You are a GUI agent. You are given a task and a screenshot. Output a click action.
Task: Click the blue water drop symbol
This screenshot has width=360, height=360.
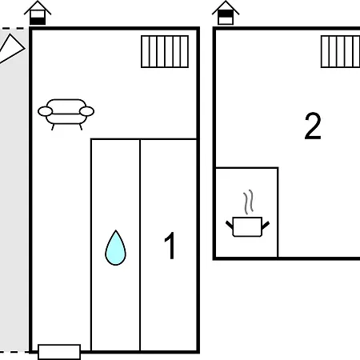pyautogui.click(x=115, y=249)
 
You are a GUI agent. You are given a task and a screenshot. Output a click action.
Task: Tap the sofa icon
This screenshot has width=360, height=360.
pyautogui.click(x=66, y=114)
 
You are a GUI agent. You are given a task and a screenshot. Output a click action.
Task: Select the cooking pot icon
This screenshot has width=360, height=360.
pyautogui.click(x=247, y=226)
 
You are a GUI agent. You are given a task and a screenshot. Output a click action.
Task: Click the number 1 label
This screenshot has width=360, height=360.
pyautogui.click(x=170, y=246)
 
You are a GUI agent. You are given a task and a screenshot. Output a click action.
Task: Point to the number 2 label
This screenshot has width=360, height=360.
pyautogui.click(x=313, y=126)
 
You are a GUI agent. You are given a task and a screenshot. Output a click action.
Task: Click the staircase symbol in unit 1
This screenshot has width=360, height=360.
pyautogui.click(x=165, y=51)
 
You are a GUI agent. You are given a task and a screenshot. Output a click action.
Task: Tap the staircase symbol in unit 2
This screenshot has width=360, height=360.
pyautogui.click(x=341, y=51)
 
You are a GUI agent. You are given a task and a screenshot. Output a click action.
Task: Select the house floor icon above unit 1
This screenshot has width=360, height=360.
pyautogui.click(x=38, y=13)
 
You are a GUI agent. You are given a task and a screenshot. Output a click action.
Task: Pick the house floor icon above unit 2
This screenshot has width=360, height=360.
pyautogui.click(x=226, y=13)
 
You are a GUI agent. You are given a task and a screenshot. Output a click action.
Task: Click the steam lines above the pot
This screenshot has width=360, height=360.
pyautogui.click(x=248, y=202)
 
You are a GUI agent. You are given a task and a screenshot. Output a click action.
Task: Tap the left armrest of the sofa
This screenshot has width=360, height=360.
pyautogui.click(x=45, y=111)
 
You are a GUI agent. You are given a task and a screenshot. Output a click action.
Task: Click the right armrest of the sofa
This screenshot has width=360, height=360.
pyautogui.click(x=86, y=111)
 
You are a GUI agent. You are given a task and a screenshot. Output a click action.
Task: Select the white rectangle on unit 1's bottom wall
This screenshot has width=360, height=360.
pyautogui.click(x=59, y=352)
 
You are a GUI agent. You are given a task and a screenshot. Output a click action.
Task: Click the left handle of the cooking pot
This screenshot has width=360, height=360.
pyautogui.click(x=230, y=225)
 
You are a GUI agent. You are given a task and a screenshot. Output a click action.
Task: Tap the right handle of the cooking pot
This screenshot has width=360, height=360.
pyautogui.click(x=266, y=226)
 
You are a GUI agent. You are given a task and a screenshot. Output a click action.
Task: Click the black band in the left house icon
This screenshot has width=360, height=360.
pyautogui.click(x=38, y=21)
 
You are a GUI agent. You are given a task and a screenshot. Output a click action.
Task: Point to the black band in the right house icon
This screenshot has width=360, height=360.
pyautogui.click(x=226, y=14)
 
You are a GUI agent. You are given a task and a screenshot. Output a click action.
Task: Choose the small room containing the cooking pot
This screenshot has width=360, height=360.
pyautogui.click(x=246, y=213)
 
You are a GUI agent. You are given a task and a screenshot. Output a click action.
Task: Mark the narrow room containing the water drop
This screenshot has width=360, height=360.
pyautogui.click(x=115, y=245)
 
